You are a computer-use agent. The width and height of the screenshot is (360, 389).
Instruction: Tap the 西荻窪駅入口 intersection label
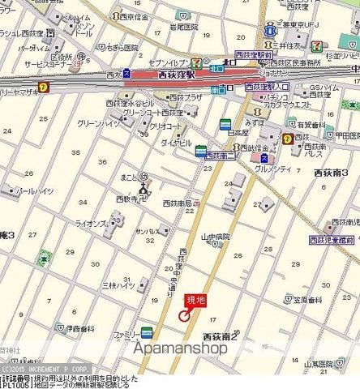[x=264, y=86]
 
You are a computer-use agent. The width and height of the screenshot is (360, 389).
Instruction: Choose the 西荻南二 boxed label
[x=219, y=155]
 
